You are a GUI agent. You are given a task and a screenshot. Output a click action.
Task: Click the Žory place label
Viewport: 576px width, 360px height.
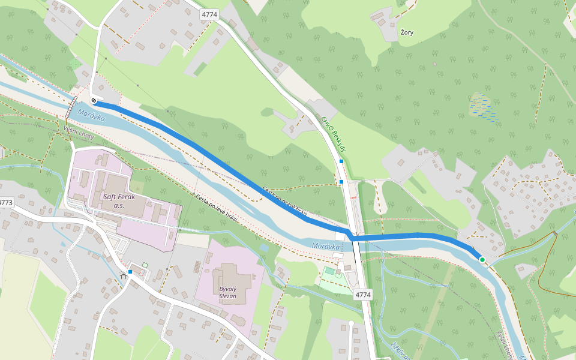tap(407, 32)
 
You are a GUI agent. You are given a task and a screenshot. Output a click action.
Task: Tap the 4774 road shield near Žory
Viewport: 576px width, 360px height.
tap(209, 14)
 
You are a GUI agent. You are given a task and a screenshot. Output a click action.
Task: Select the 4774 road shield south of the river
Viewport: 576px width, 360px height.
tap(363, 295)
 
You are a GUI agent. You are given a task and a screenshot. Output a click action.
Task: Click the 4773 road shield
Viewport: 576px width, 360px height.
tap(5, 203)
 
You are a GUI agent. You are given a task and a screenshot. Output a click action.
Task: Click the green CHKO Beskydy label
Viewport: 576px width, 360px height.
tap(334, 134)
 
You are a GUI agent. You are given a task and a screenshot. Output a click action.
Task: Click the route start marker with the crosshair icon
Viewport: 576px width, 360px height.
tap(94, 101)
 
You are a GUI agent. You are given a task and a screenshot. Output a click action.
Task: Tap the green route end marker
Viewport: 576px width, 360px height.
tap(482, 259)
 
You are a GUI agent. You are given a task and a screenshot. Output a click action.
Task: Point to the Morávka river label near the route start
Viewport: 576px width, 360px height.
tap(91, 116)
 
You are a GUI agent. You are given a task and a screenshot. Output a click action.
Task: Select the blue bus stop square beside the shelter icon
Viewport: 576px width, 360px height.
tap(130, 272)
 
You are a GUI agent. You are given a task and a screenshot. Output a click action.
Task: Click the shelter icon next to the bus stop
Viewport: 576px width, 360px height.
tap(123, 275)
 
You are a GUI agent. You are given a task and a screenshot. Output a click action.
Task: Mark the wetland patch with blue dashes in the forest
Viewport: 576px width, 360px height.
tap(484, 108)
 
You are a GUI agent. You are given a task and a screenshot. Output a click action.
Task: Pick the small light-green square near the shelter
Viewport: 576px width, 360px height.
tap(145, 265)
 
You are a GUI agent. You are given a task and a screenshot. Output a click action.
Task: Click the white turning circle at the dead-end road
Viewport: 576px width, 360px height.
tap(351, 324)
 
